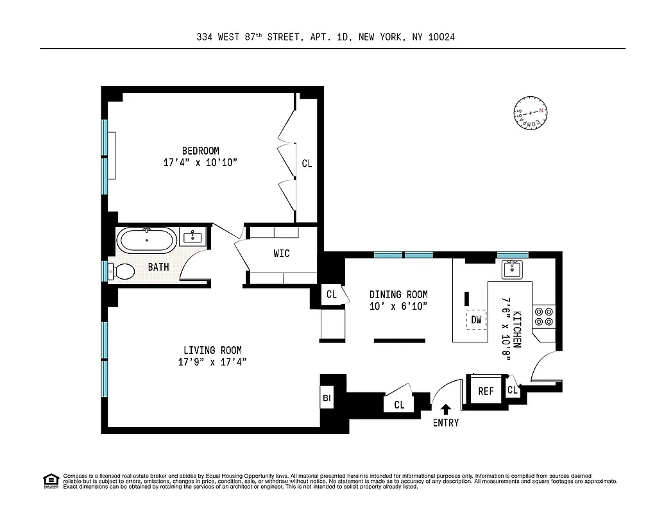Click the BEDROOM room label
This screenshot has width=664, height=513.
pos(200,151)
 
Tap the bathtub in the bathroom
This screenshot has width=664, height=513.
pos(147,241)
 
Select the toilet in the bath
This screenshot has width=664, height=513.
pos(121,271)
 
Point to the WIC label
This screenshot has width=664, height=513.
pos(282,253)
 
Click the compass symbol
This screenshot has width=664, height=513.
pos(530,114)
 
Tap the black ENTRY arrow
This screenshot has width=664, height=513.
pos(446,408)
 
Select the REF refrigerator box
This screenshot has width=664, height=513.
pos(486,391)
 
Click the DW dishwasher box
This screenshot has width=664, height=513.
pos(476,319)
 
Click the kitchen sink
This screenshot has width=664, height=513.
pos(513,269)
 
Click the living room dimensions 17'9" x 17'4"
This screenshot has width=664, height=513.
pos(212,362)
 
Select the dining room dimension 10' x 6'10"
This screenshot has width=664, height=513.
pos(398,306)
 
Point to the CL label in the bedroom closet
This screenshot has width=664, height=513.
pos(307,164)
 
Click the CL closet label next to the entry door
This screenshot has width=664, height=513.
pos(399,404)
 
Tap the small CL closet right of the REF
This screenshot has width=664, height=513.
pos(513,390)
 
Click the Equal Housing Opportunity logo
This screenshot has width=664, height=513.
pos(51,480)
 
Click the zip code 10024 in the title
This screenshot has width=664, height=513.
pos(442,37)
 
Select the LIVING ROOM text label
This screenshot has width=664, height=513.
pos(212,350)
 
